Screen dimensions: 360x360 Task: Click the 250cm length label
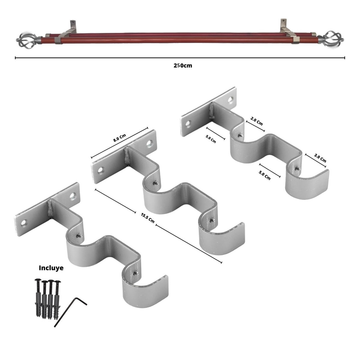[x=183, y=66]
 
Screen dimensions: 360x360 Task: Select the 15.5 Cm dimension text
[x=147, y=218]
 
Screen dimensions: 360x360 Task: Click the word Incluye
[x=51, y=268]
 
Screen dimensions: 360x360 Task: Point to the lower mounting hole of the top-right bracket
[x=189, y=123]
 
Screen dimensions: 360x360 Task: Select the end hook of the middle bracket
[x=221, y=237]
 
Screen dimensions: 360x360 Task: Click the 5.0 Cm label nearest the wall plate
[x=211, y=140]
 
